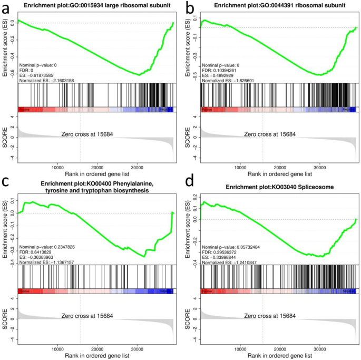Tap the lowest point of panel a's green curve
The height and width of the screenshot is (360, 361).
click(x=139, y=75)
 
